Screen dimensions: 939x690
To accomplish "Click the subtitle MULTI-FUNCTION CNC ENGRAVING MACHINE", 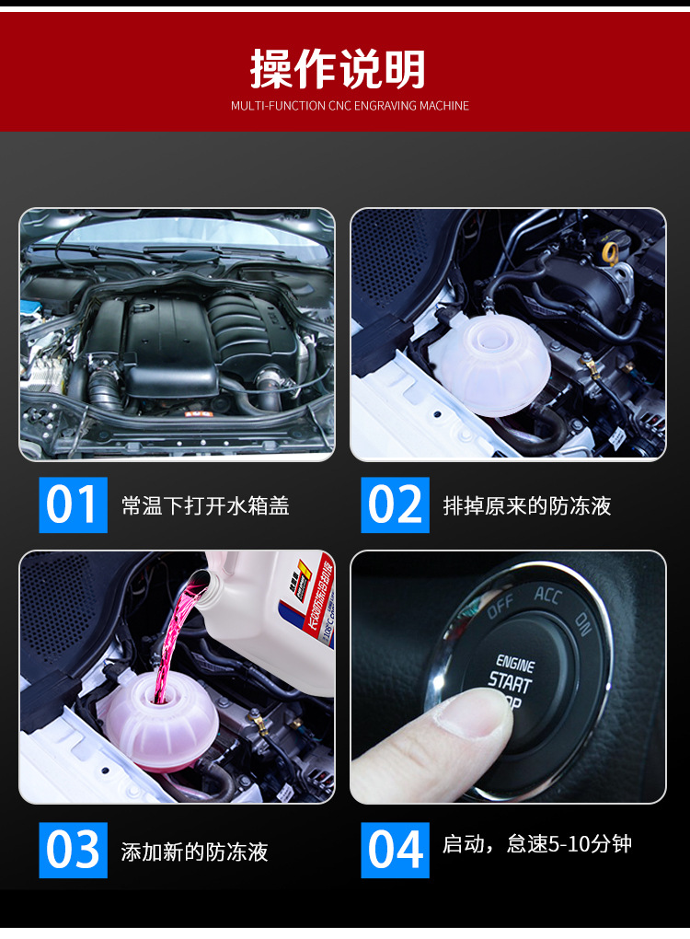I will tap(350, 106).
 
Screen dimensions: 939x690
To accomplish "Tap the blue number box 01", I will tap(73, 504).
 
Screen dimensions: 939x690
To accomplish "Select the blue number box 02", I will tap(395, 504).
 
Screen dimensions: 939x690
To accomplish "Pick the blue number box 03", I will tap(73, 850).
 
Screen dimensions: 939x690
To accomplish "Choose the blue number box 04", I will tap(395, 850).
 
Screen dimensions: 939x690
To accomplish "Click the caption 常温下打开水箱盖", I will tap(205, 505).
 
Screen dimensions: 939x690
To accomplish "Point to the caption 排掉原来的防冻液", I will tap(527, 505).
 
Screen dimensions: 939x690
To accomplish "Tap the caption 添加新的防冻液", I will tap(194, 852).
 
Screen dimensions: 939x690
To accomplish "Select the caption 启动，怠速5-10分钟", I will tap(537, 844).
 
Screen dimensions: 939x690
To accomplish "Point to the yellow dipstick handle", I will tap(610, 250).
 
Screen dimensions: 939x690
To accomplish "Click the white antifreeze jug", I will tap(276, 617).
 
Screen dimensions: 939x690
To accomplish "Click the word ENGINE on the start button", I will tap(515, 662).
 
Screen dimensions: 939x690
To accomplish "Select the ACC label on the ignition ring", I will tap(547, 595).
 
